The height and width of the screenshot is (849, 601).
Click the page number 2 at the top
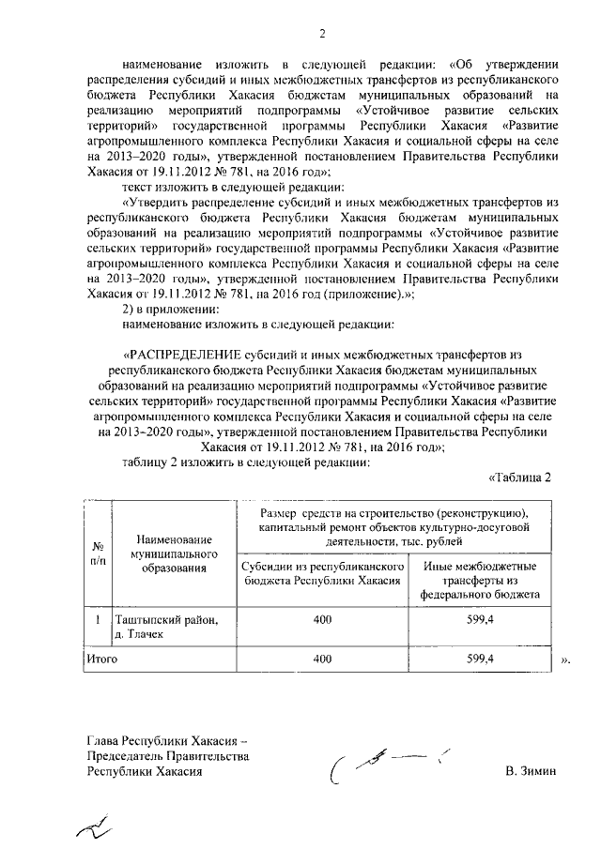tap(321, 37)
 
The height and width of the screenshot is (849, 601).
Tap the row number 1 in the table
tap(98, 620)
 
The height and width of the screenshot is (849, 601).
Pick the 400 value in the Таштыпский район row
tap(323, 620)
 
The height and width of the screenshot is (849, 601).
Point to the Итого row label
tap(101, 659)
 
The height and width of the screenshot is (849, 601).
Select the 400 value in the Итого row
tap(323, 659)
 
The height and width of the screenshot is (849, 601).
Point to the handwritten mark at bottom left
tap(94, 826)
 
